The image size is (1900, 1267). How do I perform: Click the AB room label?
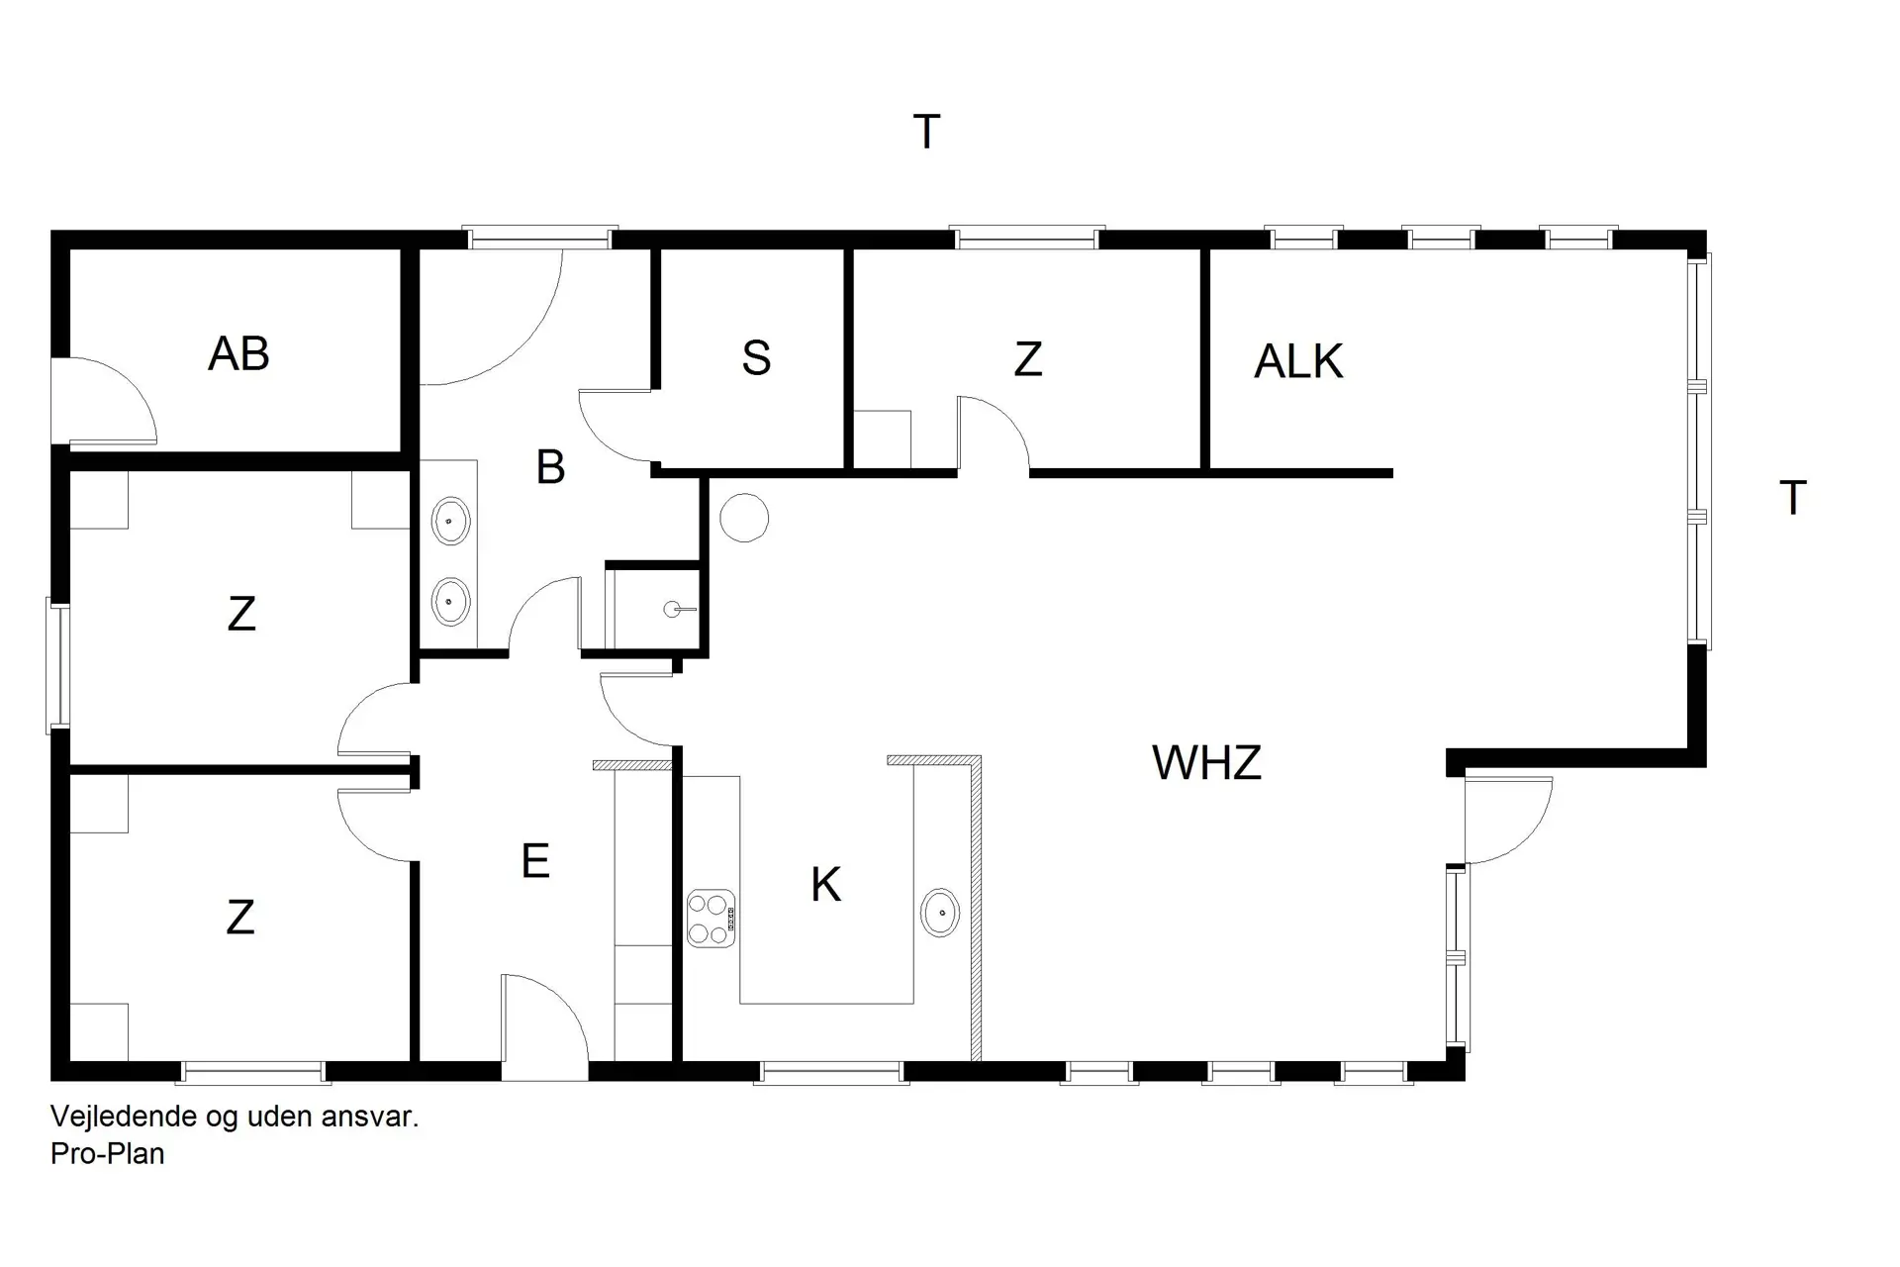click(238, 353)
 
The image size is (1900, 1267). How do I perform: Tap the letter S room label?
click(756, 358)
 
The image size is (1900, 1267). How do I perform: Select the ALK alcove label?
click(1298, 361)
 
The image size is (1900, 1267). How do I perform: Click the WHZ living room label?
click(1206, 763)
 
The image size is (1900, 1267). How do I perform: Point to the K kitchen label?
click(825, 885)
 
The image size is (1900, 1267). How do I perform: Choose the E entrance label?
click(535, 862)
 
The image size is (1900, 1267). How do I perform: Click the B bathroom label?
click(550, 467)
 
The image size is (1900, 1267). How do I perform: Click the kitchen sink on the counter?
click(940, 913)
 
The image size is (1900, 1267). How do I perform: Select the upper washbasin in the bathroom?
click(451, 521)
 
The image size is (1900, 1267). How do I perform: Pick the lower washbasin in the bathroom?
click(451, 601)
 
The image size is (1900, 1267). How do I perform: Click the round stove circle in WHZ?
click(744, 518)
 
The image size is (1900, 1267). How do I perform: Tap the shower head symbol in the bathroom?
click(674, 610)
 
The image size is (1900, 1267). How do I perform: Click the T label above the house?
click(926, 133)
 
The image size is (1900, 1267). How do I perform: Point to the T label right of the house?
click(1793, 498)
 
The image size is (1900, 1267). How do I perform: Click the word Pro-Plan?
click(107, 1154)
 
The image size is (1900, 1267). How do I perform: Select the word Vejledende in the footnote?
click(124, 1118)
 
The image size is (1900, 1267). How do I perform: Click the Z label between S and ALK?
click(1028, 359)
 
